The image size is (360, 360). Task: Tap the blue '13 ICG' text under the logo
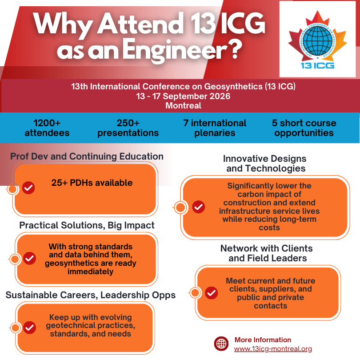click(317, 66)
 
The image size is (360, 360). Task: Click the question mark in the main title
click(235, 50)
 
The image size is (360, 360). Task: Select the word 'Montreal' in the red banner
click(183, 106)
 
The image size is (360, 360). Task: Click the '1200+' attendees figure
click(47, 123)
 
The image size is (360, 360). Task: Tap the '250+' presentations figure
click(128, 123)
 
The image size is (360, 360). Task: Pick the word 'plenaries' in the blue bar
click(215, 133)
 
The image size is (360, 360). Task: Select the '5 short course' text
click(304, 123)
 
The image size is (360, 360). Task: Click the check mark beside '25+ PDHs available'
click(28, 188)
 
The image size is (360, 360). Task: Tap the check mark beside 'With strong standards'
click(29, 258)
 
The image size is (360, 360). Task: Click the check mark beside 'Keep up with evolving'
click(29, 328)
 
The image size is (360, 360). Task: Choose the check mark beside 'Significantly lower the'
click(198, 207)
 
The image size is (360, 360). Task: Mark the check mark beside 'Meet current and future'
click(211, 293)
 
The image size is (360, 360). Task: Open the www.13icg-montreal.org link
click(273, 349)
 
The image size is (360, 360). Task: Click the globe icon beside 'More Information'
click(221, 344)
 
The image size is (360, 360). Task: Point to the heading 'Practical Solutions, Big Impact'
click(87, 225)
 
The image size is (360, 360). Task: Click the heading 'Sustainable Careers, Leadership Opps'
click(91, 295)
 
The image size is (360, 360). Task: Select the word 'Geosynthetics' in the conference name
click(233, 87)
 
